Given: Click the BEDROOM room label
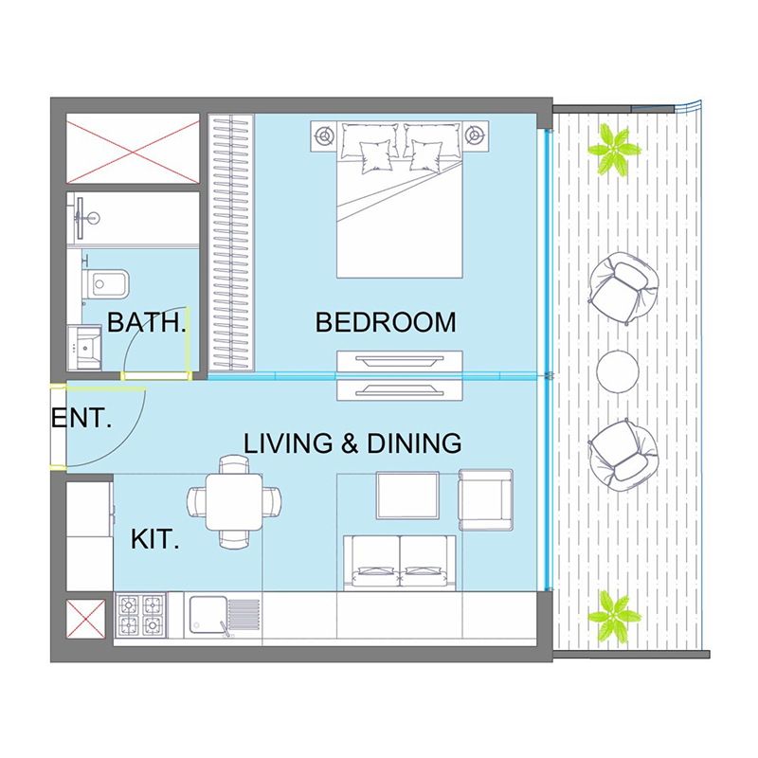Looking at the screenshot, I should [386, 322].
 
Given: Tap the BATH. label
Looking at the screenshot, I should [146, 323].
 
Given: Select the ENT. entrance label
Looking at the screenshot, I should [81, 418].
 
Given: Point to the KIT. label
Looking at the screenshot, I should [155, 542].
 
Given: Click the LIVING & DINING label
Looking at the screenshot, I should [352, 443].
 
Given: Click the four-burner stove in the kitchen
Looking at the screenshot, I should [140, 619].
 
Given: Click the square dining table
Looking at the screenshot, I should [233, 502].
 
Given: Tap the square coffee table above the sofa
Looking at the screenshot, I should [407, 496].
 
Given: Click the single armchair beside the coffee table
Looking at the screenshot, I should [485, 499].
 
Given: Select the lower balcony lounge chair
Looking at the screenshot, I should [620, 452].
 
